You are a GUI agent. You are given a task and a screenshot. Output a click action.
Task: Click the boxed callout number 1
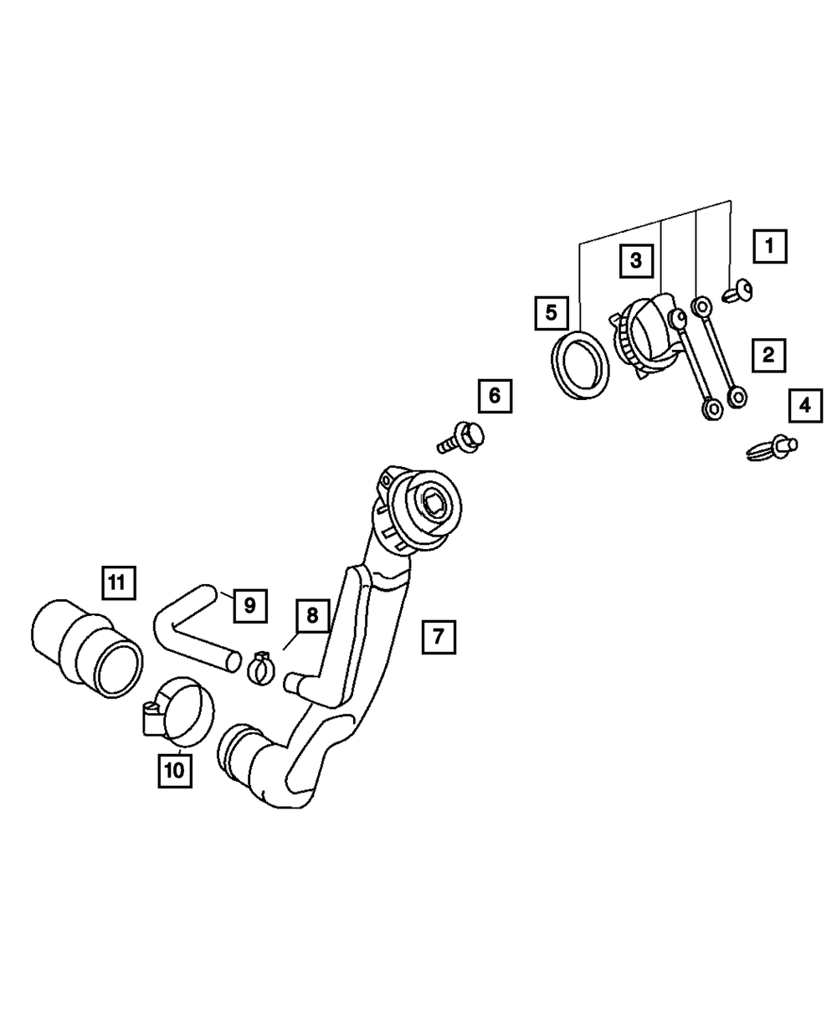(x=770, y=246)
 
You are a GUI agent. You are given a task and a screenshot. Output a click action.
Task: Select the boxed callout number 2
(x=768, y=355)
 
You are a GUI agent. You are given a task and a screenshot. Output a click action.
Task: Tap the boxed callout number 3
(x=636, y=261)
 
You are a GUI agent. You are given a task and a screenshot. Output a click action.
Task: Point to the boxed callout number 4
(x=805, y=405)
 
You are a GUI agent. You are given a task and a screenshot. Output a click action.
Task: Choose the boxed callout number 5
(x=552, y=313)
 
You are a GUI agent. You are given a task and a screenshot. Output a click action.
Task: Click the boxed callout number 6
(x=495, y=396)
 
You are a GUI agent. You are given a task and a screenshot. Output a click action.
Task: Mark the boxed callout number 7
(x=439, y=637)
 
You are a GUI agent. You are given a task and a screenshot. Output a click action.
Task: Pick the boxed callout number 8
(x=312, y=615)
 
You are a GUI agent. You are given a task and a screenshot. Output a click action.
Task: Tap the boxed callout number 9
(x=250, y=606)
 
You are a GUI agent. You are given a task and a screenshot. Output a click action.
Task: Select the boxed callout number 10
(x=175, y=771)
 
